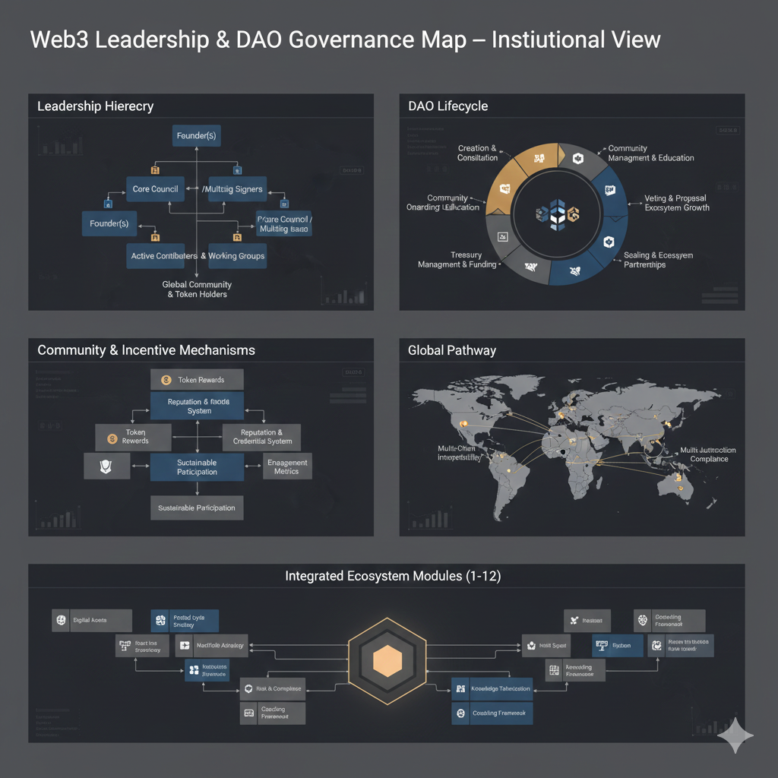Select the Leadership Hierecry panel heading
[x=95, y=106]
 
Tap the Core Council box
[x=155, y=188]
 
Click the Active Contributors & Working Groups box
[x=198, y=256]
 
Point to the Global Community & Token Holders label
[x=197, y=289]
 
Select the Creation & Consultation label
[x=478, y=153]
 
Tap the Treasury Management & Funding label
[x=457, y=260]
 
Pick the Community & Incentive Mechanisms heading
[x=146, y=350]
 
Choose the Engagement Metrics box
[x=287, y=466]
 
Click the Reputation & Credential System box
[x=261, y=437]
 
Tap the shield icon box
[x=106, y=466]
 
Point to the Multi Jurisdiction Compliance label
[x=708, y=454]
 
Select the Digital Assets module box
[x=92, y=620]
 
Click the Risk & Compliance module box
[x=272, y=689]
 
